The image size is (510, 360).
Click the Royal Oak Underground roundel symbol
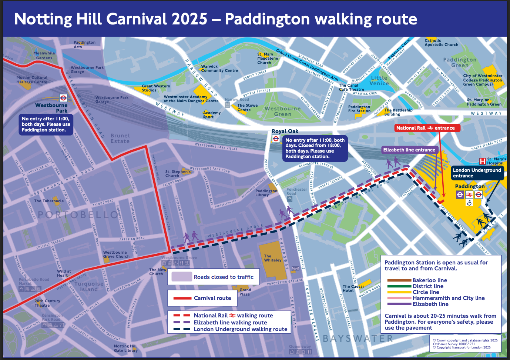[x=276, y=139]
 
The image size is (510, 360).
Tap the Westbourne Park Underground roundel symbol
[x=63, y=98]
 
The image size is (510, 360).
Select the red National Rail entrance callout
[x=427, y=128]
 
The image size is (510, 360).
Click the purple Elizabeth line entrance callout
[x=409, y=150]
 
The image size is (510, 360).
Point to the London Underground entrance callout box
[x=477, y=173]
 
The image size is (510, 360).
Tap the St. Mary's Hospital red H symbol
[x=483, y=161]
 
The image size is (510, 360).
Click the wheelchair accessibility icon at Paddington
[x=469, y=203]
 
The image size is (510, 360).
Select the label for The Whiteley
[x=273, y=258]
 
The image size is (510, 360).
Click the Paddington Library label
[x=266, y=193]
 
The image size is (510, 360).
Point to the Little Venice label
[x=379, y=81]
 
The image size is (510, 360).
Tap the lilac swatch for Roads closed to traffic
[x=181, y=277]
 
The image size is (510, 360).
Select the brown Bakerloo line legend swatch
[x=399, y=280]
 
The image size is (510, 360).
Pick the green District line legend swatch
[x=399, y=286]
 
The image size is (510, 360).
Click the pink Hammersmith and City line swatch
[x=399, y=298]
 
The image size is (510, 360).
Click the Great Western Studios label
[x=156, y=88]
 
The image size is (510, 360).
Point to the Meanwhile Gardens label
[x=44, y=56]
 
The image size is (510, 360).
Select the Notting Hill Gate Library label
[x=125, y=348]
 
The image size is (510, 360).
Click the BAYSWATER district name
[x=358, y=339]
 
